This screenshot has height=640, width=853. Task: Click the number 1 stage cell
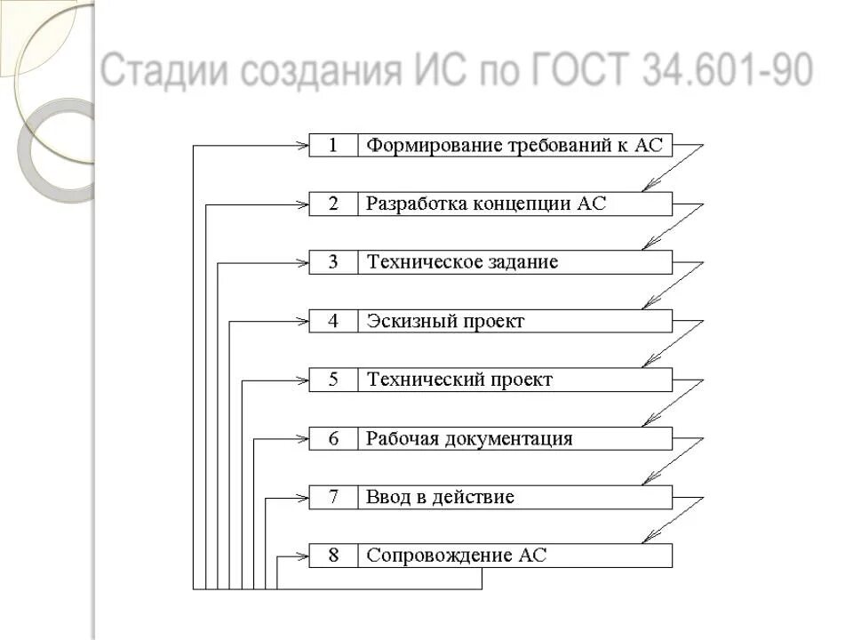[x=333, y=146]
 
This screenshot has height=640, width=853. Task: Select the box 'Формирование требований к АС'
[x=515, y=146]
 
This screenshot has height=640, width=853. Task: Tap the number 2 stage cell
[x=333, y=204]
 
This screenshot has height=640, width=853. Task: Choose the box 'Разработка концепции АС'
[x=515, y=204]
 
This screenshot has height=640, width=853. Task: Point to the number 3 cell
[x=333, y=263]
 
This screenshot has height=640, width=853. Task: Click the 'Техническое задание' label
[x=463, y=263]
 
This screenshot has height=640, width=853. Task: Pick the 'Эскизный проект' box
[x=515, y=322]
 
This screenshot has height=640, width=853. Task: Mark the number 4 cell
[x=333, y=322]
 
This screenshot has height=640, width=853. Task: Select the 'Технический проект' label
[x=459, y=380]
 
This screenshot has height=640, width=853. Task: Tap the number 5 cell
[x=333, y=380]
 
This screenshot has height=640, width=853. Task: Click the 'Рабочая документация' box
[x=515, y=439]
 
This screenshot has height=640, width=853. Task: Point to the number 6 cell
[x=333, y=439]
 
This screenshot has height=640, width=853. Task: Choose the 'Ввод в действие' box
[x=515, y=498]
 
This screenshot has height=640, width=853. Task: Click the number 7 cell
[x=333, y=498]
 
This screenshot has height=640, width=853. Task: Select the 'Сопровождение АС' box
[x=515, y=556]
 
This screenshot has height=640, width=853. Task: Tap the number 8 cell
[x=333, y=556]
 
